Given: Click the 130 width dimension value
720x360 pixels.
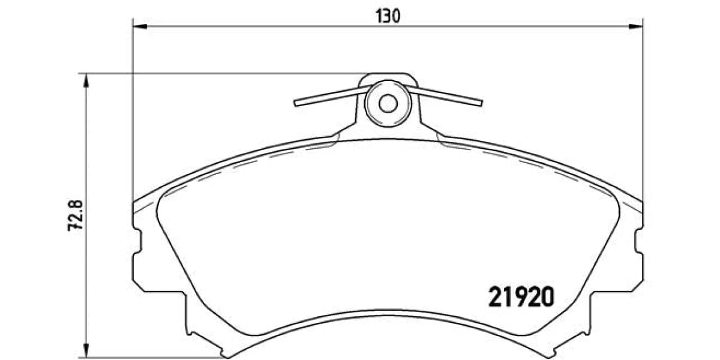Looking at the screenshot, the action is coord(388,16).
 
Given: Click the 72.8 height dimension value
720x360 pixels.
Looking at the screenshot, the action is coord(76,215).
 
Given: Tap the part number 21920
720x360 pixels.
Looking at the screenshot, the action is coord(521,296).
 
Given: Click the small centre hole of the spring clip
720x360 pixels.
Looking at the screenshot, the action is coord(388,103).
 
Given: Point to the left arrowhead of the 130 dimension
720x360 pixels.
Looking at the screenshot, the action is coord(140,26).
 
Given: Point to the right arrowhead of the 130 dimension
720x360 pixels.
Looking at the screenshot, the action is coord(636,26).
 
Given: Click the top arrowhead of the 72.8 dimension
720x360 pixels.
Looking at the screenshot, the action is coord(86,80).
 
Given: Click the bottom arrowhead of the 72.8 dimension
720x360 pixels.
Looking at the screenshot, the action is coord(86,350).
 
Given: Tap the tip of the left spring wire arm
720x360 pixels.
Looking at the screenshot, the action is coord(295,103).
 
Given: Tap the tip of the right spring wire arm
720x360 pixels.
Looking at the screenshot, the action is coord(481,103).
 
